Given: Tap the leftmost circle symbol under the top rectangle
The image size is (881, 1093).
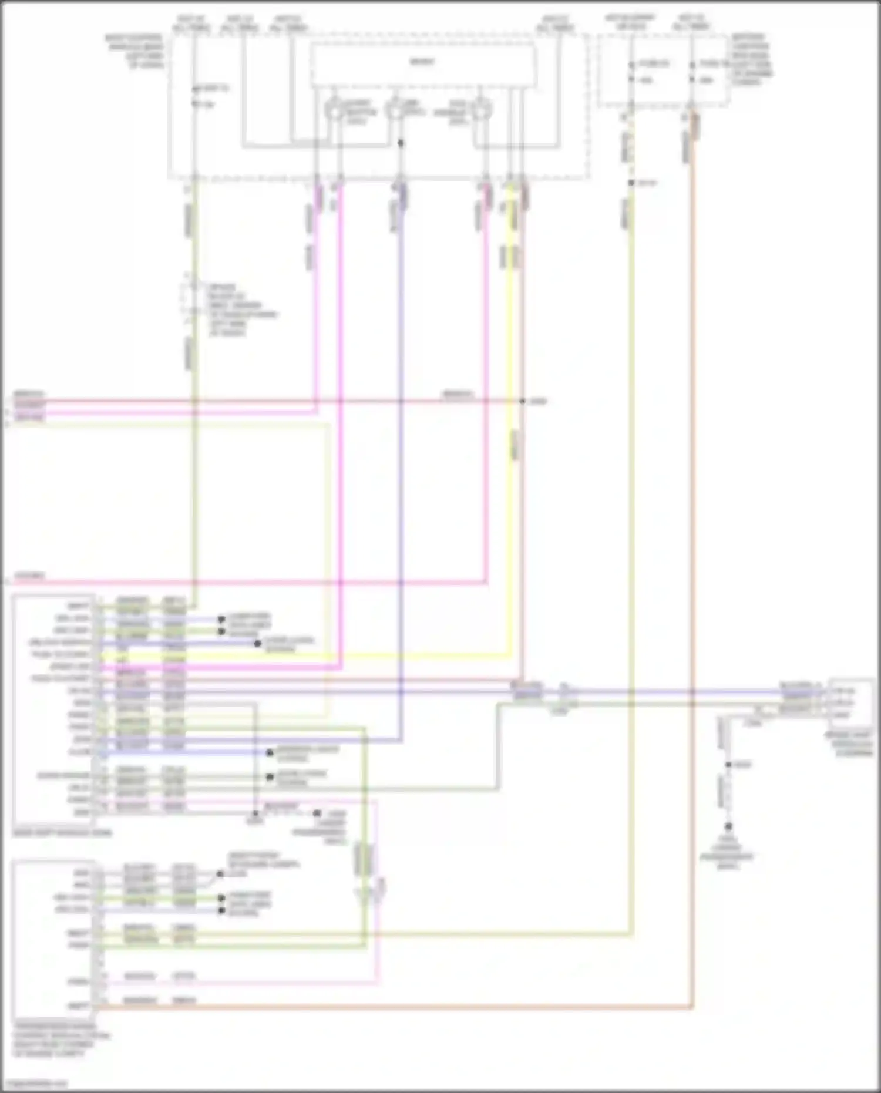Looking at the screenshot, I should click(x=334, y=110).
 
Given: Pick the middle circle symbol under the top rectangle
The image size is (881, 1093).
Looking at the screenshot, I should click(x=394, y=110).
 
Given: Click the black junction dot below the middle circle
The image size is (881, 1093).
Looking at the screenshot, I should click(x=401, y=143).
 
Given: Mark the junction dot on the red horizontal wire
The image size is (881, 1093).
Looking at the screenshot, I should click(x=522, y=402).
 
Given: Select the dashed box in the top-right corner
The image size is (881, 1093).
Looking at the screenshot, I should click(x=664, y=70).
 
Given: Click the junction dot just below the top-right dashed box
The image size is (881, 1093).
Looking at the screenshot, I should click(x=631, y=183).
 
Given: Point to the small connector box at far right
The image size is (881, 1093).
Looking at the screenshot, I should click(x=850, y=702).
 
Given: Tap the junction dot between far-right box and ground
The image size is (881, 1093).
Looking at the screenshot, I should click(x=728, y=765).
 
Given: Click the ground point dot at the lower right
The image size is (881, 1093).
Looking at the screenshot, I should click(x=728, y=826).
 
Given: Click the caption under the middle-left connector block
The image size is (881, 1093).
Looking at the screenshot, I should click(x=62, y=833).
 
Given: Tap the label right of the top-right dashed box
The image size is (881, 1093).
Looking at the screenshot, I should click(x=752, y=59).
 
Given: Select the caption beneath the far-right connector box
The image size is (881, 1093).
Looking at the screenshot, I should click(x=850, y=744).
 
